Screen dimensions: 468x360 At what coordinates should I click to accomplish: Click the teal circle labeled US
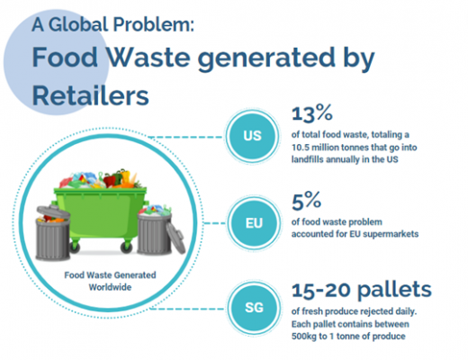tap(252, 136)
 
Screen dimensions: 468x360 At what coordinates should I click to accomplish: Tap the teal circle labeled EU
tap(254, 223)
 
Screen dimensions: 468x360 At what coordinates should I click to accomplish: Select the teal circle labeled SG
tap(254, 308)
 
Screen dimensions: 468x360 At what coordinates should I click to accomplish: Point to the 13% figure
tap(312, 113)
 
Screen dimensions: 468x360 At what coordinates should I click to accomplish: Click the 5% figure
tap(306, 201)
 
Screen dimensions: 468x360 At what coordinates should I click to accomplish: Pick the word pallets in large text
tap(395, 290)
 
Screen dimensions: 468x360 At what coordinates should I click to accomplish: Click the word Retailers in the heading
tap(90, 95)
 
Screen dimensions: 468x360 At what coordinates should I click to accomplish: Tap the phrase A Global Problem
tap(112, 24)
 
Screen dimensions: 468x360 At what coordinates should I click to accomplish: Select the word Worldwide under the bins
tap(110, 287)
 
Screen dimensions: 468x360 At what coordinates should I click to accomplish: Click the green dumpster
tap(100, 215)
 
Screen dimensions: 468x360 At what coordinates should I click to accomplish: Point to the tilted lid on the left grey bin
tap(53, 211)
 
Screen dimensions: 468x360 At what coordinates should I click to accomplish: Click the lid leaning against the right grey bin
tap(175, 238)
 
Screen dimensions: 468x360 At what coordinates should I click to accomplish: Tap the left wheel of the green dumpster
tap(75, 247)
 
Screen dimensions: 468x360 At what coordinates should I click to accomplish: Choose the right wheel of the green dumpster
tap(126, 247)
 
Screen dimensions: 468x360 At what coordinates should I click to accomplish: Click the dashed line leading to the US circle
tap(186, 137)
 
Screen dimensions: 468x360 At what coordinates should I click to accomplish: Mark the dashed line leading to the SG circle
tap(187, 309)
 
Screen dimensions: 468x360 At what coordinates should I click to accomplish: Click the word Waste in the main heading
tap(148, 57)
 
